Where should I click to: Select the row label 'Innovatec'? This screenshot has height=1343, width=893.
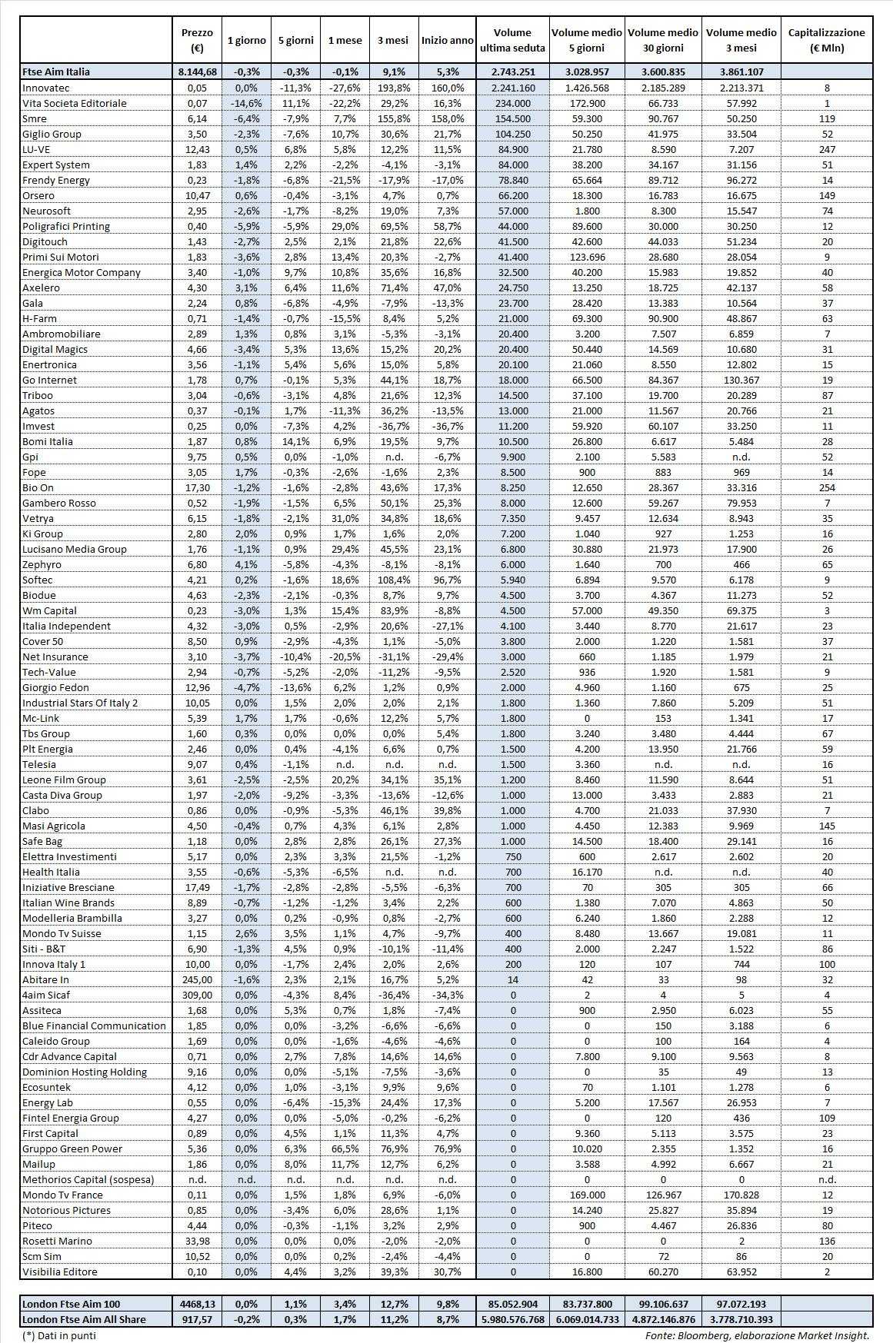coord(45,88)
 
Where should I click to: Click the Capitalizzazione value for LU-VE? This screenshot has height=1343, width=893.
coord(827,149)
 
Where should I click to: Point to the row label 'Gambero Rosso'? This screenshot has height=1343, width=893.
coord(59,503)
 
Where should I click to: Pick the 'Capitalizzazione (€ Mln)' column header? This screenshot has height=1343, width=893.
coord(827,40)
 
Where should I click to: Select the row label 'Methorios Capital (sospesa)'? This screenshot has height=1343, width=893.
coord(88,1179)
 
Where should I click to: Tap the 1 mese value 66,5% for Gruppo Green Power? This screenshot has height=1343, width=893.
coord(345,1149)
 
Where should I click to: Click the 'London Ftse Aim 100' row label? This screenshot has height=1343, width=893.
coord(72,1304)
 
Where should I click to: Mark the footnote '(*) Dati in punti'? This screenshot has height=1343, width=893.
coord(59,1335)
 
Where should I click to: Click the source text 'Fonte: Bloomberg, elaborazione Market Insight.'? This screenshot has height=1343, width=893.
coord(758,1335)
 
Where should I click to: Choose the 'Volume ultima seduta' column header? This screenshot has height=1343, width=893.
coord(512,40)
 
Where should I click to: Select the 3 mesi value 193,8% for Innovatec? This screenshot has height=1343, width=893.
coord(394,88)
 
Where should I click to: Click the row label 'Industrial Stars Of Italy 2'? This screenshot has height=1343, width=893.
coord(80,703)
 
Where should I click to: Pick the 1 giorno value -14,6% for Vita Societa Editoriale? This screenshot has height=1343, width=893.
coord(246,103)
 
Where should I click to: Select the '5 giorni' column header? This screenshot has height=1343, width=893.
coord(295,40)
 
